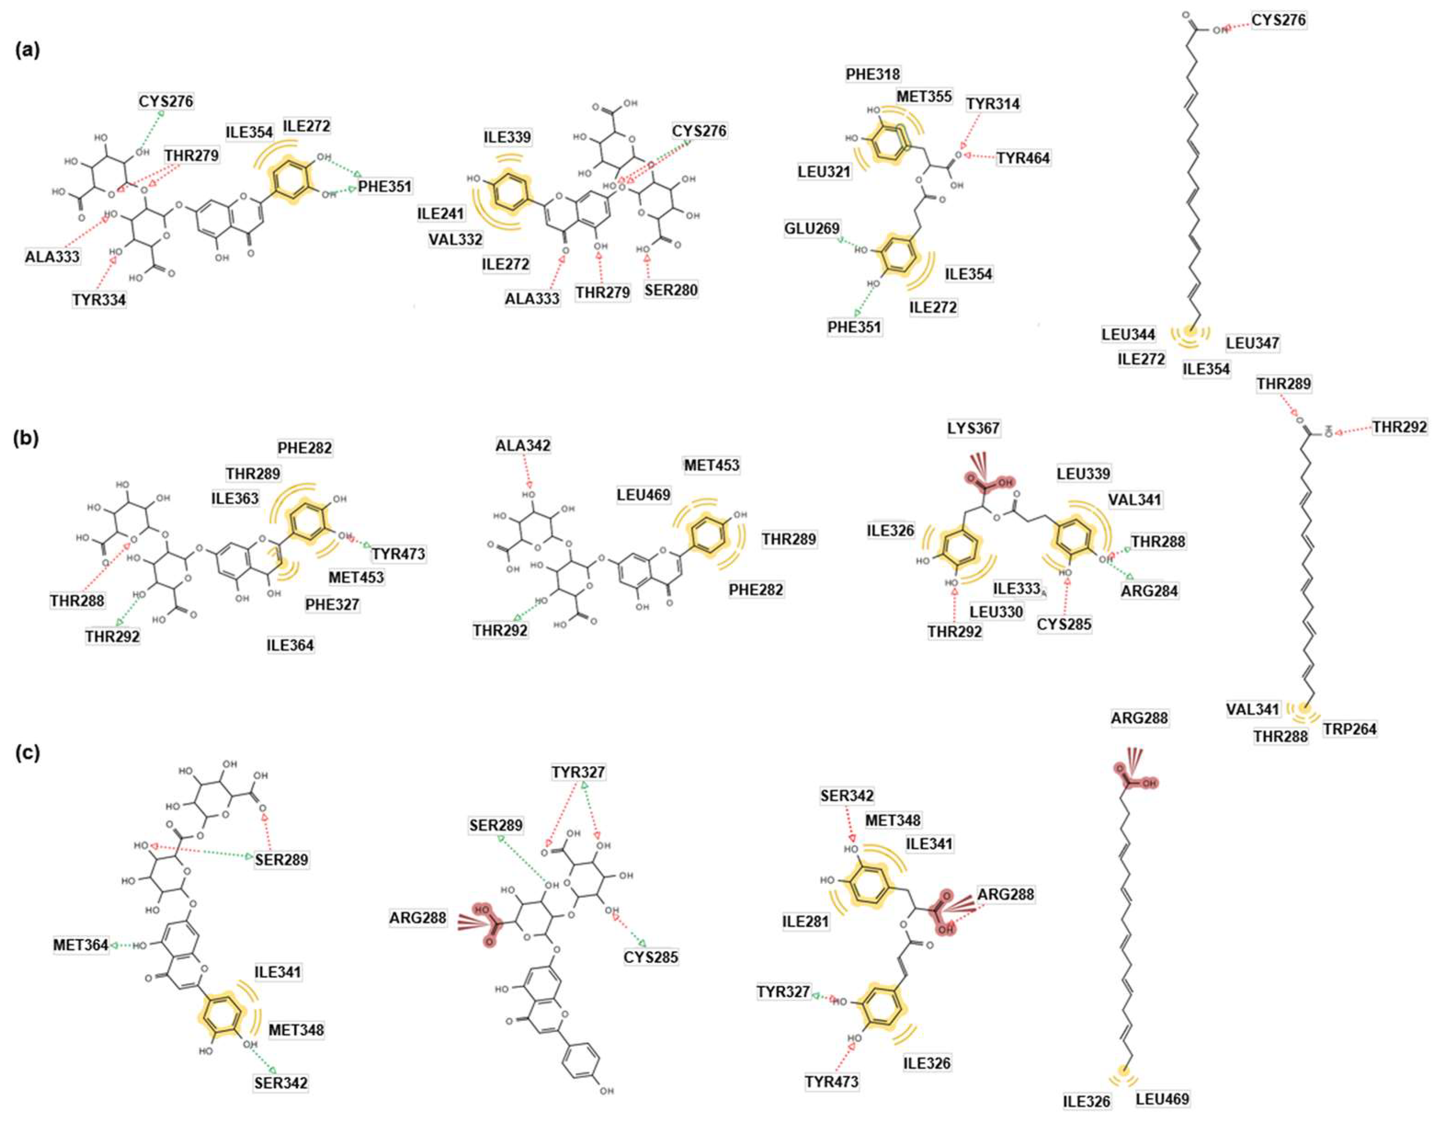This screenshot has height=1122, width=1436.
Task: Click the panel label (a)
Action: [28, 51]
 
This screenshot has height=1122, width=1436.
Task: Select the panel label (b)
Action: [28, 438]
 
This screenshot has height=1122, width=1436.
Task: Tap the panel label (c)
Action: [28, 753]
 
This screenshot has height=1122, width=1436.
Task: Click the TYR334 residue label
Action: [99, 300]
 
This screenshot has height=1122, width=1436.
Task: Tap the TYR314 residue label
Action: [993, 104]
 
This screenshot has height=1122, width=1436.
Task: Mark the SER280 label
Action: [670, 290]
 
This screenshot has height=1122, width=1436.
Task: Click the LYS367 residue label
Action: [973, 428]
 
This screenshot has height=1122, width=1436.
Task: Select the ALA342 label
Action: [523, 445]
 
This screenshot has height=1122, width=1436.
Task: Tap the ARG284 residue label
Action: [1149, 591]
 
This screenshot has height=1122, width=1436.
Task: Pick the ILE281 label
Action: [806, 922]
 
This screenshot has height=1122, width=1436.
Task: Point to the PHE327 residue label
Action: [333, 604]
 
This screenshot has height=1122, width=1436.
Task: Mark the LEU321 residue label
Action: [824, 171]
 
